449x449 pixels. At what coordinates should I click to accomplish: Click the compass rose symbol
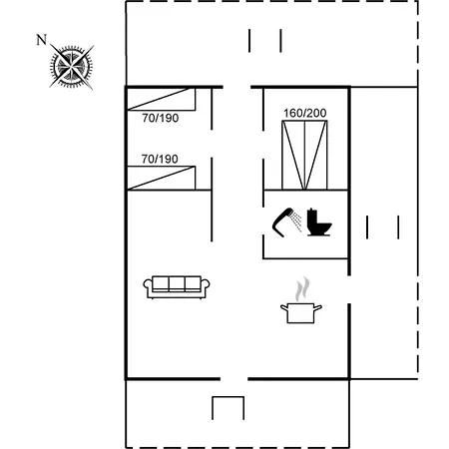(x=72, y=67)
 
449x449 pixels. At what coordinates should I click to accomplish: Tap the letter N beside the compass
(x=42, y=40)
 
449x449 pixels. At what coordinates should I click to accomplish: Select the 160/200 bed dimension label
(x=304, y=113)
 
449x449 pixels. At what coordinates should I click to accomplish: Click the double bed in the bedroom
(x=304, y=155)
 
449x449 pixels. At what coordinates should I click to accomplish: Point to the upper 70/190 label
(x=161, y=118)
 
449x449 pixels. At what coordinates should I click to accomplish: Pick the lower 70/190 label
(x=160, y=159)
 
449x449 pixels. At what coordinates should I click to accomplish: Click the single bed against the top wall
(x=162, y=99)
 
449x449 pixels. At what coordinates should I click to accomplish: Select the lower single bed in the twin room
(x=162, y=178)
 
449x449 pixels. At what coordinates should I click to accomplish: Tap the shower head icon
(x=286, y=223)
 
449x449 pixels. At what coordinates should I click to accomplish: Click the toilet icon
(x=318, y=223)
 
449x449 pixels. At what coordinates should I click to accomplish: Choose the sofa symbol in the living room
(x=177, y=287)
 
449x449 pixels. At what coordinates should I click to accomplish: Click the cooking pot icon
(x=300, y=312)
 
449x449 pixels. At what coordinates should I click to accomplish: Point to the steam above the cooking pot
(x=302, y=288)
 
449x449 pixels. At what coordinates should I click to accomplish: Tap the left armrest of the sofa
(x=148, y=287)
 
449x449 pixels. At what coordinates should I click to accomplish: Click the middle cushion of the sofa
(x=177, y=283)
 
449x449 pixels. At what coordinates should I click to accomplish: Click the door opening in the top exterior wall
(x=236, y=87)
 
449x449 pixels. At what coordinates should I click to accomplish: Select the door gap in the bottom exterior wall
(x=233, y=379)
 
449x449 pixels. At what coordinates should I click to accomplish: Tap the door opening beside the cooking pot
(x=349, y=289)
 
